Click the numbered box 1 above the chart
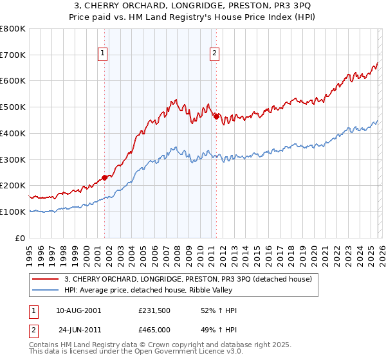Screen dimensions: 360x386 tap(103, 55)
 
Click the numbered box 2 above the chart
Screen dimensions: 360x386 tap(214, 55)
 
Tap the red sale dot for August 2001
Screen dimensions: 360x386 tap(104, 177)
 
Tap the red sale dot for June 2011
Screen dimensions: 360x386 tap(216, 116)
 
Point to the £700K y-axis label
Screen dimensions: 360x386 tap(13, 55)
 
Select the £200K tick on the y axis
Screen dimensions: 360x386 tap(13, 186)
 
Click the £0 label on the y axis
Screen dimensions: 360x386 tap(21, 238)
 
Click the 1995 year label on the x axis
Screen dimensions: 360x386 tap(30, 253)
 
